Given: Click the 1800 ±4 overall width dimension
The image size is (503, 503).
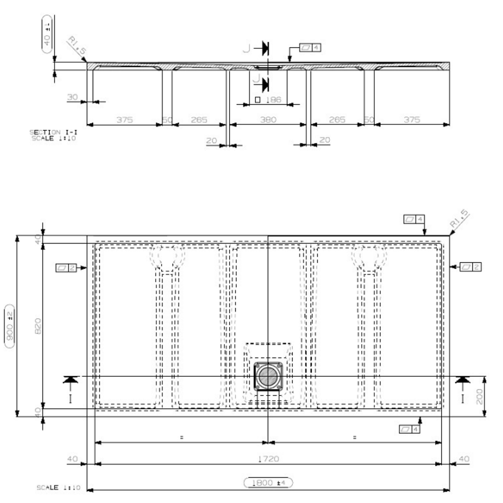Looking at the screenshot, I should (268, 483).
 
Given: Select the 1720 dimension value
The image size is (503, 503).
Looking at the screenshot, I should (268, 459).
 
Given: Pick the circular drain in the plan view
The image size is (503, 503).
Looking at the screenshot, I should (268, 376).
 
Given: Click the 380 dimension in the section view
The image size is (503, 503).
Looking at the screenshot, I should (268, 120).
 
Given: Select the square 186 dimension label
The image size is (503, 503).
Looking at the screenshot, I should (268, 100).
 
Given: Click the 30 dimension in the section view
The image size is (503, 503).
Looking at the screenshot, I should (73, 97).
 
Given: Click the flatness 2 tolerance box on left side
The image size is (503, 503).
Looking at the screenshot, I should (66, 268).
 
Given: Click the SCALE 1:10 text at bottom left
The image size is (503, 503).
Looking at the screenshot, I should (59, 488).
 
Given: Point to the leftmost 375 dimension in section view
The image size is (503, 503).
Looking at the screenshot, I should (124, 120).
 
